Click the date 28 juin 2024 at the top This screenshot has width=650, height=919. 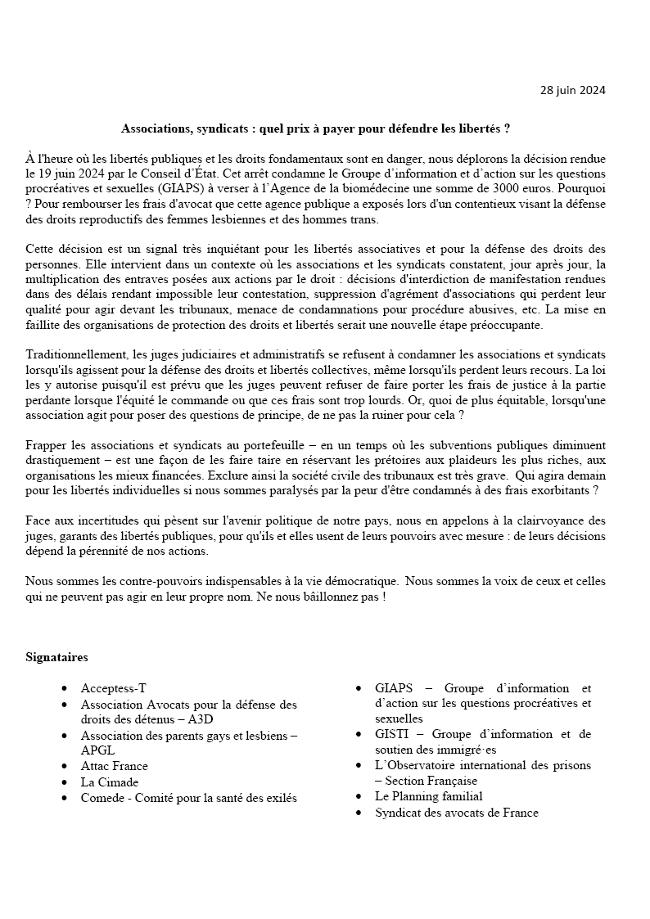coord(573,90)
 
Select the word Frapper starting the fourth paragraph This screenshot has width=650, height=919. coord(46,445)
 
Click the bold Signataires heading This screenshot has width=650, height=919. coord(56,657)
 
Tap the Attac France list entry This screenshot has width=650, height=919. coord(114,766)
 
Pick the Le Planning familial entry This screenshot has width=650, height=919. coord(428,796)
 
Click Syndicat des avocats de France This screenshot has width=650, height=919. coord(456,813)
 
